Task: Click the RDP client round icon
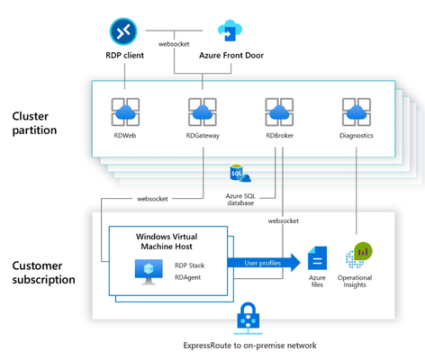click(x=123, y=31)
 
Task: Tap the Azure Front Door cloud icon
click(x=230, y=31)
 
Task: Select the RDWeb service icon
click(x=125, y=112)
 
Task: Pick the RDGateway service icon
click(x=203, y=112)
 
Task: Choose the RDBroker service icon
click(x=279, y=112)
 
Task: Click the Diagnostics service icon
click(x=357, y=112)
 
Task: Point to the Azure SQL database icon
click(x=240, y=173)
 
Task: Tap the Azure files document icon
click(x=317, y=258)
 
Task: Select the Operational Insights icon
click(x=359, y=255)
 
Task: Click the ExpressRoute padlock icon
click(x=248, y=318)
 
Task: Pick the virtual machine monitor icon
click(x=149, y=272)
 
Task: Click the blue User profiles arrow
click(x=264, y=263)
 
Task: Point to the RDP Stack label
click(x=190, y=265)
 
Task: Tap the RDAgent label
click(x=188, y=277)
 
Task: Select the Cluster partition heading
click(x=34, y=123)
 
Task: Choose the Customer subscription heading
click(x=43, y=273)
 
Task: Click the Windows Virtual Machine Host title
click(x=167, y=241)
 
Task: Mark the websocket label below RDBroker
click(x=284, y=221)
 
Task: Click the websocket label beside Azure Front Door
click(x=174, y=44)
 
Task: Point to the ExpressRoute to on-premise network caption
click(x=249, y=346)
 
